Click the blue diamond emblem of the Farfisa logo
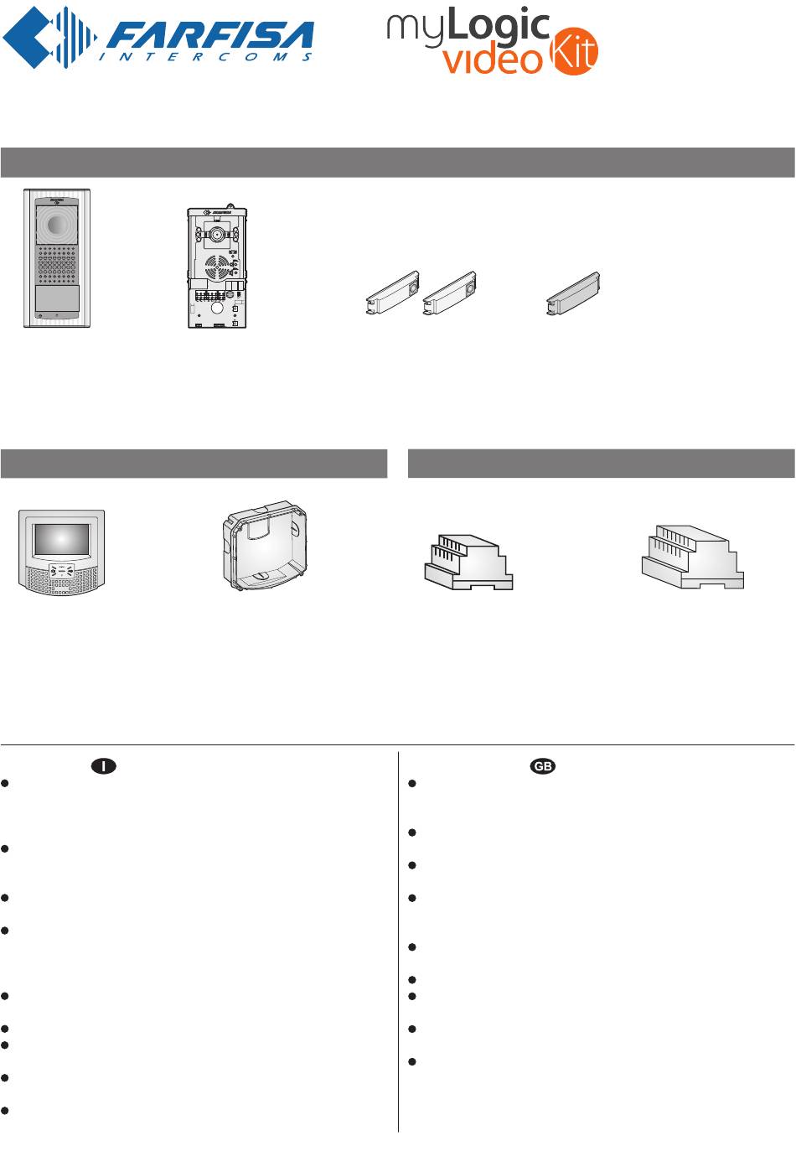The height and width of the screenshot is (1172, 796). pos(49,37)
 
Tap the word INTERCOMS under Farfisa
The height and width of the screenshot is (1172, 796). pos(206,56)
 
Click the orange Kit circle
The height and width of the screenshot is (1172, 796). pos(574,51)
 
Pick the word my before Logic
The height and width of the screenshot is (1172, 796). pos(416,30)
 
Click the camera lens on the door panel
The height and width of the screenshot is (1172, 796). pos(56,225)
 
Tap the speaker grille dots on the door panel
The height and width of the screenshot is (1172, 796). pos(57,264)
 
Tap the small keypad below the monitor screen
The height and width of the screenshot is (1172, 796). pos(62,570)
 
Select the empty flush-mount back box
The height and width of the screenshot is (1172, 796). pos(265,545)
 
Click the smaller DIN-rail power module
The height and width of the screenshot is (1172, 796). pos(468,562)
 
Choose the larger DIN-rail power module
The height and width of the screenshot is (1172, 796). pos(693,557)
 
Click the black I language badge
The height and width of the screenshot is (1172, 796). pos(104,766)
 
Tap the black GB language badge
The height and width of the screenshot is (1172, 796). pos(542,766)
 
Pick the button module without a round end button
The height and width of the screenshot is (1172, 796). pos(573,293)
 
